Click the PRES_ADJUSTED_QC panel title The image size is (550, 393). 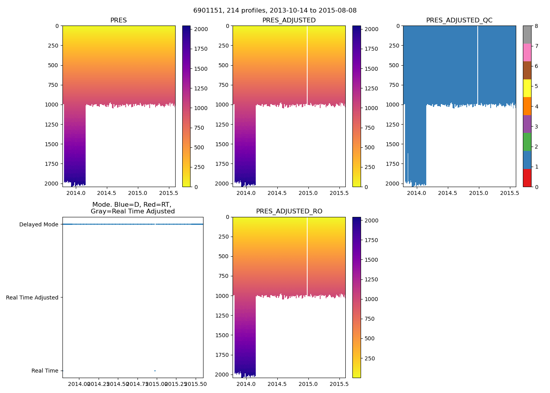point(459,20)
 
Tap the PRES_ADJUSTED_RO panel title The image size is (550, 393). point(289,211)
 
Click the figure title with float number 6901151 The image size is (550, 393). point(275,11)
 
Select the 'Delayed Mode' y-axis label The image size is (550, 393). point(38,225)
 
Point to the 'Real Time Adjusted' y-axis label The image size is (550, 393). point(32,298)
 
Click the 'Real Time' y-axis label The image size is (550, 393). point(45,371)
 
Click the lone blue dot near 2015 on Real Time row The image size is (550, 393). point(155,371)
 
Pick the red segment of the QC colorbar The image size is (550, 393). point(527,178)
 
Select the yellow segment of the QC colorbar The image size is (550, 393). point(527,88)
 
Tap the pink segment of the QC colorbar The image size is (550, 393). point(527,52)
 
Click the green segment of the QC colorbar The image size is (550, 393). point(527,142)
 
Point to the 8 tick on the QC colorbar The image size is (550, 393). point(536,26)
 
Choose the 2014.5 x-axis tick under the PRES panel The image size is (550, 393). point(107,193)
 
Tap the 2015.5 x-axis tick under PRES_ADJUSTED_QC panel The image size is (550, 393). point(510,193)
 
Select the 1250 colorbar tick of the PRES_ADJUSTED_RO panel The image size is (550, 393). point(371,279)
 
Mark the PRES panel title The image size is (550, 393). point(119,20)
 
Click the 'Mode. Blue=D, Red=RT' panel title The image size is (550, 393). point(132,208)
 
